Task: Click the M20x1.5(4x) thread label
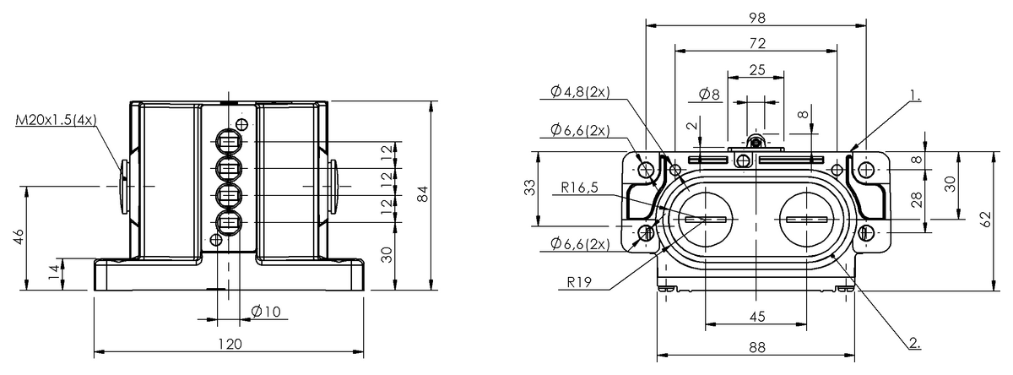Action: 56,121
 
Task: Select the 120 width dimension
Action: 230,344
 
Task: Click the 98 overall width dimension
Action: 756,18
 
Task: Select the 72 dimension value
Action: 756,43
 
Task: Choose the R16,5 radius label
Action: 578,188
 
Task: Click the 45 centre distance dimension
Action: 757,317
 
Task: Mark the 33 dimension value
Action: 529,188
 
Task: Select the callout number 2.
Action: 913,343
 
